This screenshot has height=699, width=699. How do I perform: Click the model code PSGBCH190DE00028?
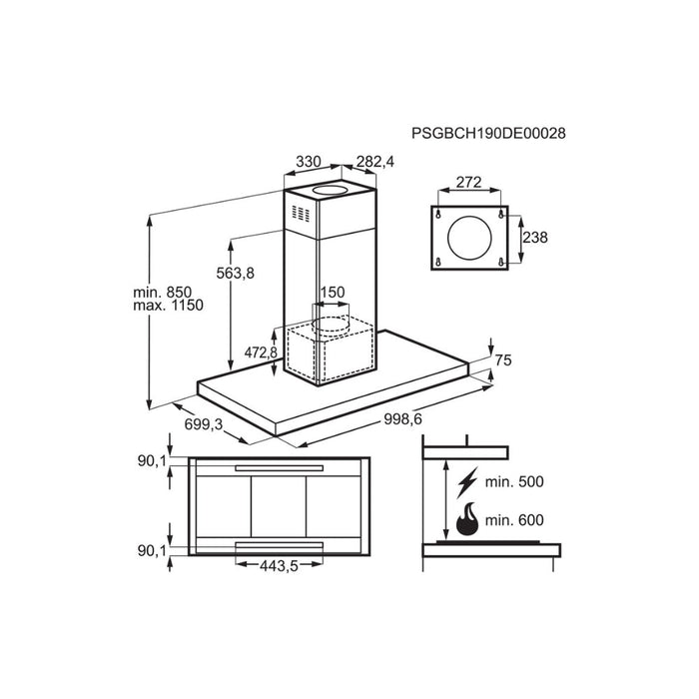(495, 132)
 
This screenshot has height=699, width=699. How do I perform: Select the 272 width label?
(469, 183)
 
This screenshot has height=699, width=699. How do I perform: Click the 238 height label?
(534, 238)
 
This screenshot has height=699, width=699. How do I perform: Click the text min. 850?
(170, 290)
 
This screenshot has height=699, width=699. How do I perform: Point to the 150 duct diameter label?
(331, 293)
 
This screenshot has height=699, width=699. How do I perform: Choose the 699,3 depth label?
(205, 424)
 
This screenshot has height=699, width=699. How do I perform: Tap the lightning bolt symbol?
(464, 484)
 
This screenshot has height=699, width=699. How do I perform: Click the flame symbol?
(465, 520)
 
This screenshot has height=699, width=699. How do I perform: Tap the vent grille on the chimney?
(301, 215)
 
